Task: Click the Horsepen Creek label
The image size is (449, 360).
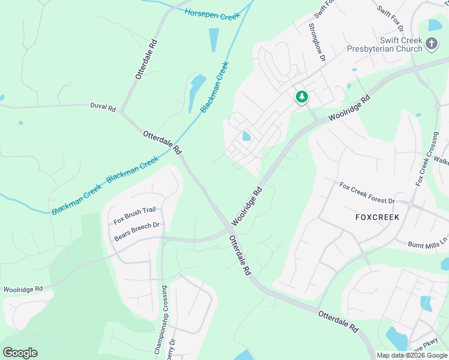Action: (x=212, y=14)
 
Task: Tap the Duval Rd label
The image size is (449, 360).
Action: (x=103, y=107)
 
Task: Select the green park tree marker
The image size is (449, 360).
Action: (x=301, y=97)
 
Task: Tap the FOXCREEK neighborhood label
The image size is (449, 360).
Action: (x=378, y=217)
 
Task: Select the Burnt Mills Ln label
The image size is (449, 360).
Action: (x=428, y=244)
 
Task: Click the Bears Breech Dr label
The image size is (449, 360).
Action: (x=137, y=232)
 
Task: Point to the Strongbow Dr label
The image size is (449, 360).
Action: (x=316, y=43)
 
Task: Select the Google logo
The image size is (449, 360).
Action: (x=20, y=353)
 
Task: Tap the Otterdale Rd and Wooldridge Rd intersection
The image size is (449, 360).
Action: (x=230, y=228)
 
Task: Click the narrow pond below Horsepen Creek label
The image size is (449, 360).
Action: (x=214, y=40)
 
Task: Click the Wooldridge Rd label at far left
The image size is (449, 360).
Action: (x=23, y=289)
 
